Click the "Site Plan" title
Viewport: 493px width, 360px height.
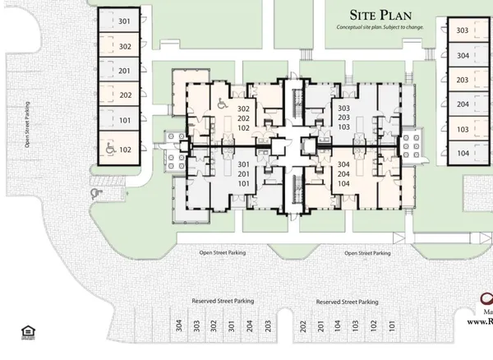pos(380,15)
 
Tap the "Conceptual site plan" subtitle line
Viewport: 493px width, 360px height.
pos(380,27)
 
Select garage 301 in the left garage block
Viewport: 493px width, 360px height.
pos(124,21)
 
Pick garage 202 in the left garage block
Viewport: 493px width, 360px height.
pos(124,95)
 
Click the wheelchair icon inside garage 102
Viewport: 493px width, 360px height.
pos(109,150)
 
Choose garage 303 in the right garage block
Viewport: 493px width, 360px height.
pos(463,31)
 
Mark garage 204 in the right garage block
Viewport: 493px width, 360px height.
pos(463,104)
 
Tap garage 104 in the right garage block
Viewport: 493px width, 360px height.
pos(463,154)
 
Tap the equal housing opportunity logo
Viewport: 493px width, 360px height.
pos(25,332)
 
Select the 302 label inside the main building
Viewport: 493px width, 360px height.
pos(243,109)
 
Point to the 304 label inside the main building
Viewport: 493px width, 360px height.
pos(343,164)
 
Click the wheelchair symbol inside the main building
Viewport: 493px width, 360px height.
pos(221,104)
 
